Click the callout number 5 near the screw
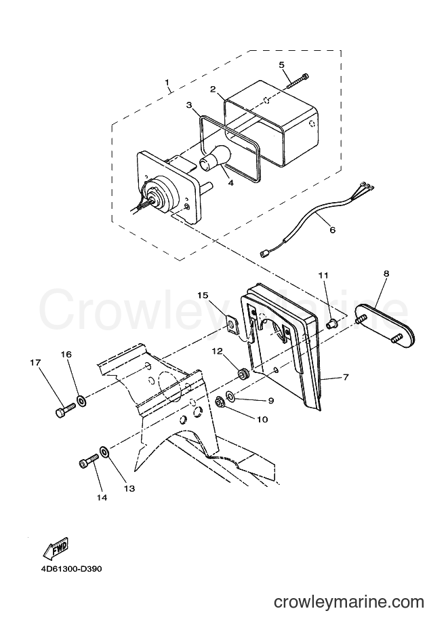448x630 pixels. [x=281, y=64]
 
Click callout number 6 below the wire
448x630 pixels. [x=332, y=230]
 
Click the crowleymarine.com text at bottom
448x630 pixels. [x=349, y=602]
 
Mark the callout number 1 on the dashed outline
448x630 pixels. [x=167, y=82]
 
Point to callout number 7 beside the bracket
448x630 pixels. [x=346, y=377]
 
